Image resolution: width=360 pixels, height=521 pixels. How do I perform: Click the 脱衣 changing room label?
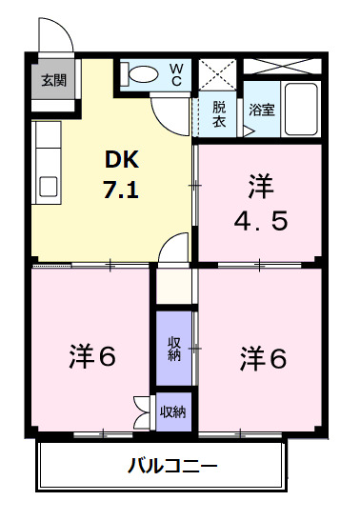(218, 113)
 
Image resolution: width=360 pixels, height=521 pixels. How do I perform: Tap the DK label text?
(122, 160)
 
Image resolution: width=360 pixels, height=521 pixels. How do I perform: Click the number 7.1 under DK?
(122, 189)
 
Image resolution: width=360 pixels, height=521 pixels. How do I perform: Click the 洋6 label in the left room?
(91, 357)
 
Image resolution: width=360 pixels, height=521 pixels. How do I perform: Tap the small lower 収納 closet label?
(173, 411)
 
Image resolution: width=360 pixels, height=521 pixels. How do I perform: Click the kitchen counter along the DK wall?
(46, 157)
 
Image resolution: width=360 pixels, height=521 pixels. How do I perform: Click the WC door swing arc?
(172, 115)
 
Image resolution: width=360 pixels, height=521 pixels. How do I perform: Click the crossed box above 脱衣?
(218, 72)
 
